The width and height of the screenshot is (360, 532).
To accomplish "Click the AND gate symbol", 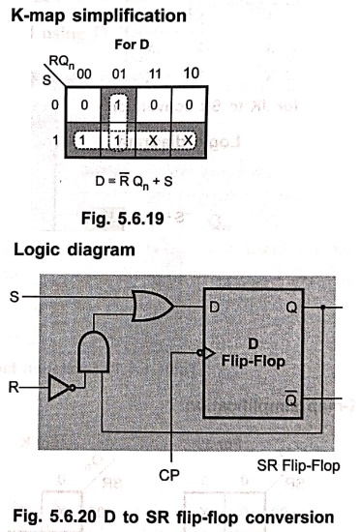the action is pos(93,351).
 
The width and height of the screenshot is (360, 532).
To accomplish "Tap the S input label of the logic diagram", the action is pos(15,297).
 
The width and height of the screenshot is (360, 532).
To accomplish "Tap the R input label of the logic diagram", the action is pos(14,387).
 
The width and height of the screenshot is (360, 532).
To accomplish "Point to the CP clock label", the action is pos(169,475).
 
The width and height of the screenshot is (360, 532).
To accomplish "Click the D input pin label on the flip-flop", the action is pos(215,307).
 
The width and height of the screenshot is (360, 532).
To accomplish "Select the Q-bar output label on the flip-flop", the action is pos(290,399).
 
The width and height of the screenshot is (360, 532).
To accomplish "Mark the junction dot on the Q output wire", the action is pos(322,307).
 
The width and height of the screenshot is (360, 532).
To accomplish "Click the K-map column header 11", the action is pos(155,74).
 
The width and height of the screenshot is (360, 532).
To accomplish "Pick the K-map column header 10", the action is pos(191,74).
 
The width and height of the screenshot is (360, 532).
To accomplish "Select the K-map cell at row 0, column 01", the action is pos(118,105).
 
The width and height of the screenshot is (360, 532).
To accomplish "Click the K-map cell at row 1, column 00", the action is pos(83,140).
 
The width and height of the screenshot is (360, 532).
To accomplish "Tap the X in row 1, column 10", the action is pos(189,140).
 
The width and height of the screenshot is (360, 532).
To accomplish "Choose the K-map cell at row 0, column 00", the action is pos(83,105).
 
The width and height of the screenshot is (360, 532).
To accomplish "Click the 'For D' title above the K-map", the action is pos(132,44).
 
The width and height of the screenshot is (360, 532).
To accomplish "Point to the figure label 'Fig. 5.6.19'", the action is pos(123,219).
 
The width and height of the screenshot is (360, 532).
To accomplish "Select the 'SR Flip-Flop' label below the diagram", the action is pos(299,465).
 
